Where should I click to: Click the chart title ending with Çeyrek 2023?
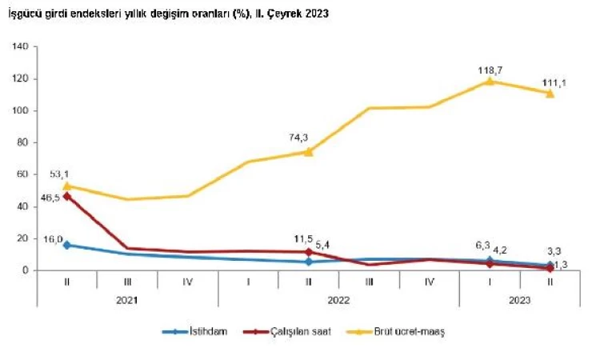pos(167,14)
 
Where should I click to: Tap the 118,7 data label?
pos(490,69)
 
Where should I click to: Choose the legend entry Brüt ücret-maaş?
pos(398,331)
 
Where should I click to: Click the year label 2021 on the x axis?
pos(126,301)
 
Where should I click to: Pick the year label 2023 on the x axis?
pos(519,301)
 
